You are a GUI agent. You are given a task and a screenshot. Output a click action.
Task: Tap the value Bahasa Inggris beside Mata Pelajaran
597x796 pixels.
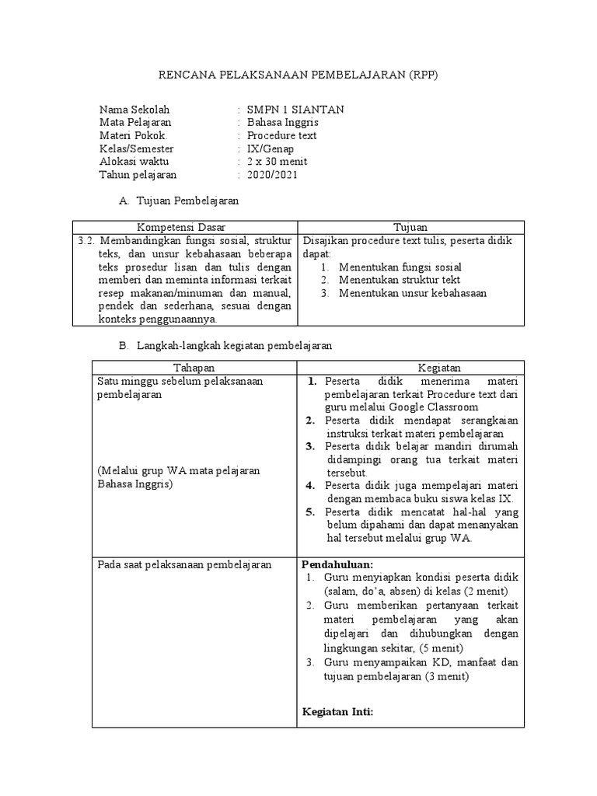pos(282,123)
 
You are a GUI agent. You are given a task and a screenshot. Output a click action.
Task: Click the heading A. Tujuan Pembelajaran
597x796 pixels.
pos(178,201)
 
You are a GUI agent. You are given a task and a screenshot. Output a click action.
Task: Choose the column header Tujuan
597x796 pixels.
pos(410,227)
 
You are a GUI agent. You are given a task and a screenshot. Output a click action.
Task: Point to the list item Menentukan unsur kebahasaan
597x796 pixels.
pos(413,293)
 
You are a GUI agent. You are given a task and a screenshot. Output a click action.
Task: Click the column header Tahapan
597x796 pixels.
pos(194,367)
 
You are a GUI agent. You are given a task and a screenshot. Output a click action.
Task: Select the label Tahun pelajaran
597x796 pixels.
pos(138,175)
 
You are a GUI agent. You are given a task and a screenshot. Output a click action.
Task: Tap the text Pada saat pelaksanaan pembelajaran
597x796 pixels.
pos(183,564)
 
